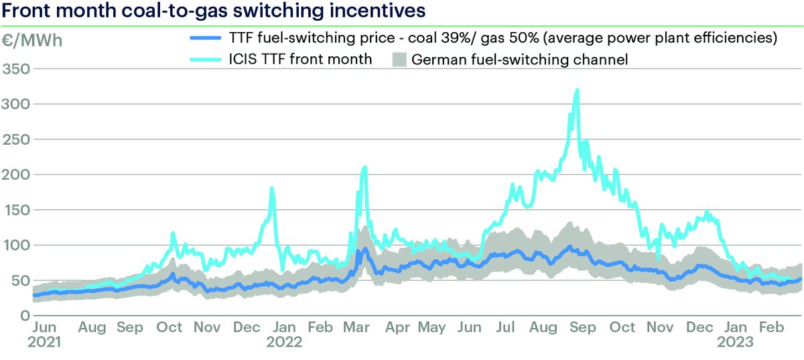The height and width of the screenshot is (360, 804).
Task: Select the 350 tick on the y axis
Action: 16,69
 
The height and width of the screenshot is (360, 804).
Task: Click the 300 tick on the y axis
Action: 16,104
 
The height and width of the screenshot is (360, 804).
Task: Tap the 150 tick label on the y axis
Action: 16,210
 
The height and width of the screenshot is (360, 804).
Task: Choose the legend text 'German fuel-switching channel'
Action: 520,60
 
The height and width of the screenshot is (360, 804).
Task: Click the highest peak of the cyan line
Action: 577,90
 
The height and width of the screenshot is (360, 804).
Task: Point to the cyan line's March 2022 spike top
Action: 364,167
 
